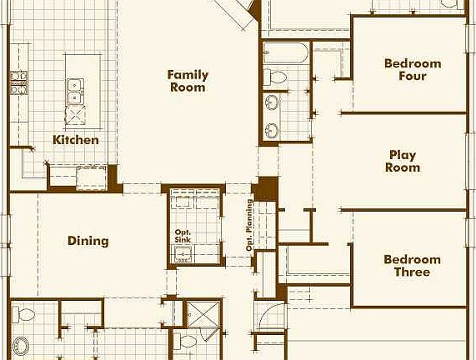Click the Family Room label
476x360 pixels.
click(x=188, y=81)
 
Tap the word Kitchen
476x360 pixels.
click(x=76, y=140)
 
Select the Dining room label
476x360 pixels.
click(x=88, y=242)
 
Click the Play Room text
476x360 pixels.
click(x=403, y=161)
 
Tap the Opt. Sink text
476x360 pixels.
click(x=183, y=236)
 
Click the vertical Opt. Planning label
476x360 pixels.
click(x=249, y=225)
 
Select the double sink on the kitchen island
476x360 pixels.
click(x=75, y=84)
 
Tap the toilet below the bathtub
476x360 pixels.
click(x=277, y=77)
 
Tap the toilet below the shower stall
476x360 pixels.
click(x=188, y=342)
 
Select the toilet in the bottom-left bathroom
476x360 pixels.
click(x=25, y=314)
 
